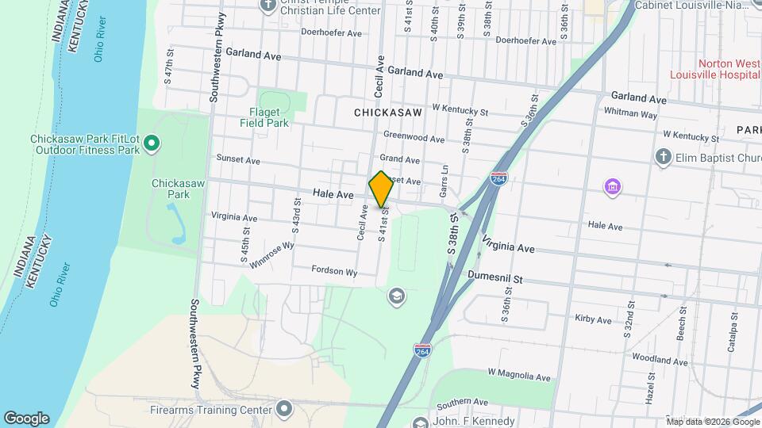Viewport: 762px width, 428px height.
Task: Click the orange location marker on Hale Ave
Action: pos(382,189)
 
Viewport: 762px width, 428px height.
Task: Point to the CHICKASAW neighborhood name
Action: pos(388,113)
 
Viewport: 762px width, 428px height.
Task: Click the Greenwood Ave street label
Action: pos(414,138)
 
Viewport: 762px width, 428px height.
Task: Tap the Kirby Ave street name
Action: pos(593,319)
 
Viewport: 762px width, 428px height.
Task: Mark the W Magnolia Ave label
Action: pos(519,373)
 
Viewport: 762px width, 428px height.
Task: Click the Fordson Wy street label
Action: pos(334,270)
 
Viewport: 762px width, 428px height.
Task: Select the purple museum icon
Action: pos(612,187)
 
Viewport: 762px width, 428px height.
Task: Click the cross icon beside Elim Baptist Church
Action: pos(664,157)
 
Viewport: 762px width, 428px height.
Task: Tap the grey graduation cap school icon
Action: pos(394,296)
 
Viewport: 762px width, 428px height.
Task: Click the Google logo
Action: pos(26,418)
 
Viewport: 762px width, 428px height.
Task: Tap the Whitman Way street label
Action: pos(630,115)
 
